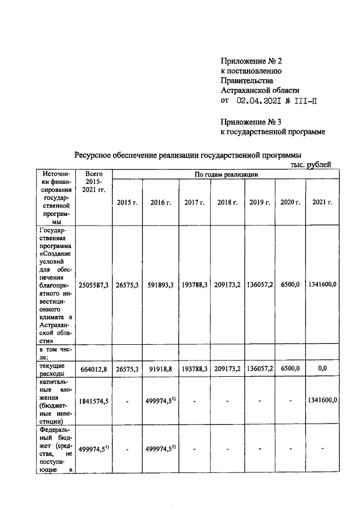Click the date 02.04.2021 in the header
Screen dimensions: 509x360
(x=261, y=101)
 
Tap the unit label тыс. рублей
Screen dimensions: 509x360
(x=311, y=164)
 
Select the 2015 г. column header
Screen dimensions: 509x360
(x=127, y=202)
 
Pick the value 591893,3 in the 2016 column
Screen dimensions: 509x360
(x=161, y=285)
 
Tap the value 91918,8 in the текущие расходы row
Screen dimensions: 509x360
(x=161, y=369)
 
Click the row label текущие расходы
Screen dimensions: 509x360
(x=55, y=369)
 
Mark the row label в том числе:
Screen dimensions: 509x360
(x=55, y=353)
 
